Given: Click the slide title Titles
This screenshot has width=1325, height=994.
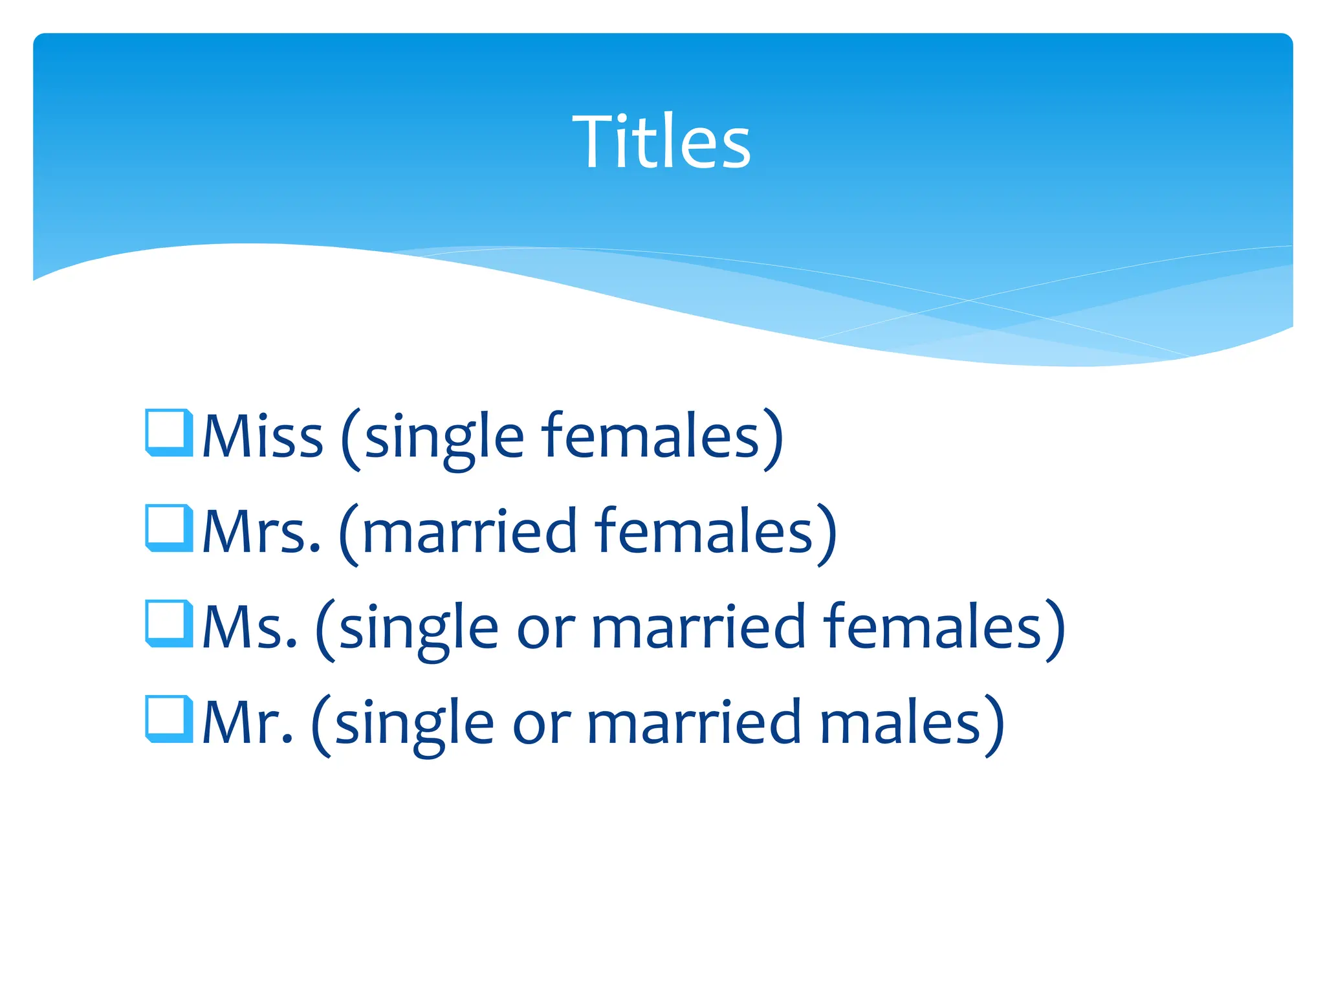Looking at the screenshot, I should coord(661,142).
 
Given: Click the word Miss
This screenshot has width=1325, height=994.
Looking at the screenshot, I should coord(263,436).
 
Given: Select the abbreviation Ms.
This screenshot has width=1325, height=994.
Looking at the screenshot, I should coord(250,627).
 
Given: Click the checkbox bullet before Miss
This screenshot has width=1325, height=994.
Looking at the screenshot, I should coord(169,432).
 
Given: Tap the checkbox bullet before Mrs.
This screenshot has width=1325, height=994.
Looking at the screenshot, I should coord(169,527).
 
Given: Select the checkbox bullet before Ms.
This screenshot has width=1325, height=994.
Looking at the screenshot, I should coord(169,623).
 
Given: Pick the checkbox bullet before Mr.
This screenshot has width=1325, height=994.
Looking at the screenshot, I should coord(169,718).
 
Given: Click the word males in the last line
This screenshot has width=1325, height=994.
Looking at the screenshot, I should coord(900,722).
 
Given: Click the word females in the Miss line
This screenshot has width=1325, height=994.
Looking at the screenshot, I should coord(651,436).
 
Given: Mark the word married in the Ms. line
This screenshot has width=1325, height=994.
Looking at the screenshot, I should coord(698,627).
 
